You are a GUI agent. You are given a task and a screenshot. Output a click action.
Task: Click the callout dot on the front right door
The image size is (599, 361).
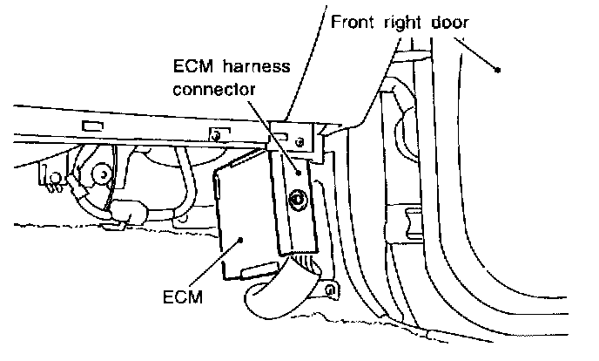click(497, 70)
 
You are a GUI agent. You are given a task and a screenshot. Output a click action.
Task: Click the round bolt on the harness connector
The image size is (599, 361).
click(298, 201)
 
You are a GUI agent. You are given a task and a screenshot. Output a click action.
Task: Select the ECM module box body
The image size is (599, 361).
click(244, 218)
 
